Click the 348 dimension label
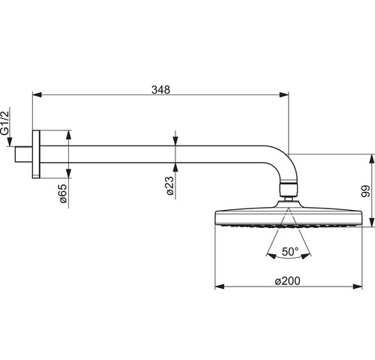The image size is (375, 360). click(x=160, y=90)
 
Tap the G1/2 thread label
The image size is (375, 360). click(x=4, y=123)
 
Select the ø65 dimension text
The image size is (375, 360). click(x=63, y=193)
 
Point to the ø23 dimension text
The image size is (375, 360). click(x=169, y=186)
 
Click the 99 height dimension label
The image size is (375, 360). click(x=365, y=191)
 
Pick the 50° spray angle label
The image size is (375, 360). click(x=290, y=252)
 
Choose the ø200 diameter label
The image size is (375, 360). click(x=287, y=281)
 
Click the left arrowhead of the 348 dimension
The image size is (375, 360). click(x=37, y=94)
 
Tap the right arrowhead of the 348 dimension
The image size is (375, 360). click(x=284, y=94)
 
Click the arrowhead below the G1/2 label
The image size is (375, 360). click(x=10, y=142)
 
